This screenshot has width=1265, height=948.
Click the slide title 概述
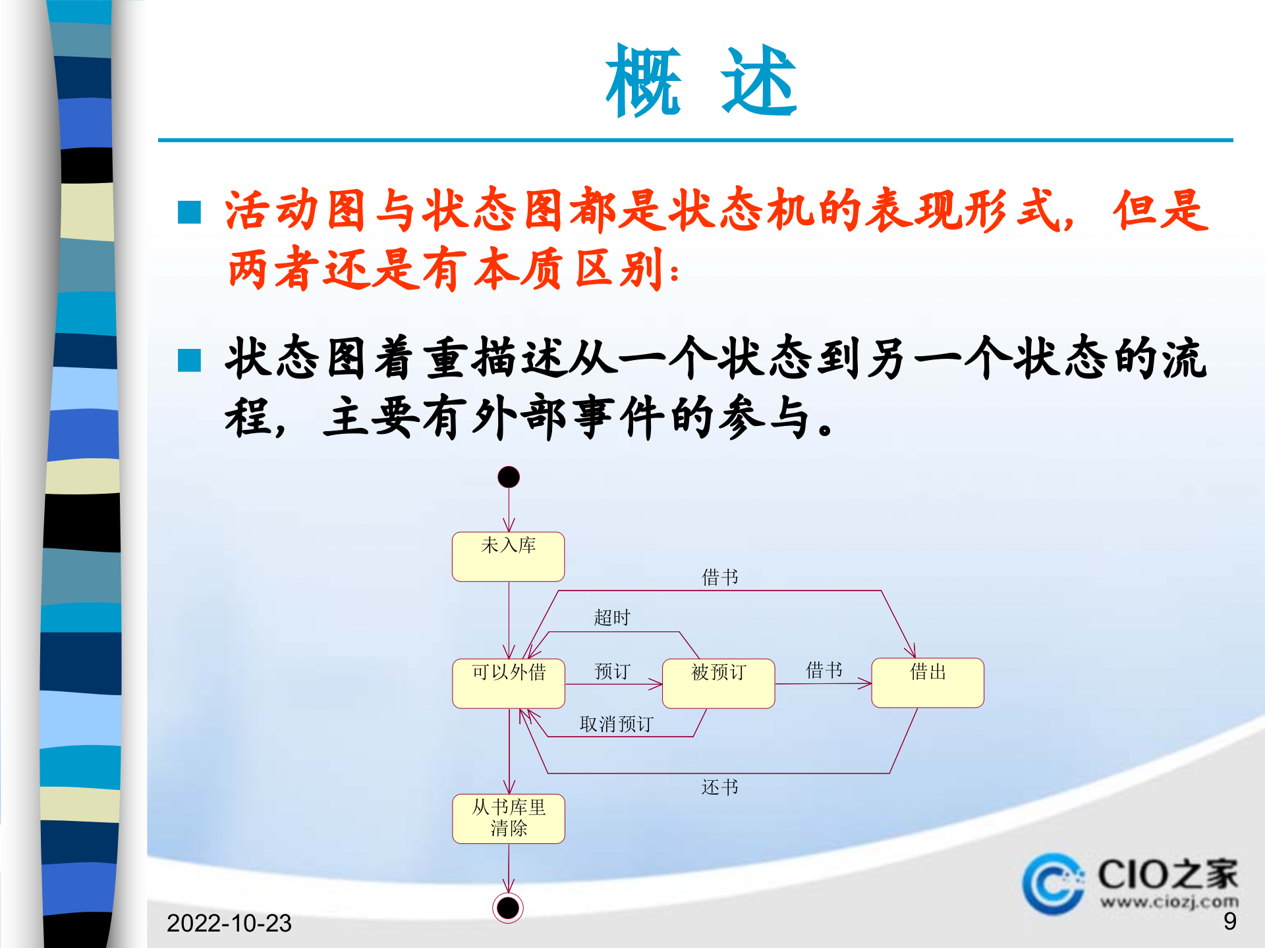click(x=701, y=82)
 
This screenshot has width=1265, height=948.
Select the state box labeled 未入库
click(x=508, y=556)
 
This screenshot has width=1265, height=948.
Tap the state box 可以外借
click(x=508, y=683)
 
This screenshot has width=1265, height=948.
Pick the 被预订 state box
click(x=718, y=683)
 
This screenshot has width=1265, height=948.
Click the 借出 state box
click(x=927, y=683)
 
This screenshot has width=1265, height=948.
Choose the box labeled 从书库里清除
click(x=508, y=818)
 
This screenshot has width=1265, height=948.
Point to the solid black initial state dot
click(x=509, y=477)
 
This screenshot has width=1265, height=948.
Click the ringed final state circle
click(x=508, y=908)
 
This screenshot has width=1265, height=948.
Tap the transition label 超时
click(x=612, y=618)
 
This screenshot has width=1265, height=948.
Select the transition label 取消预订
click(x=616, y=724)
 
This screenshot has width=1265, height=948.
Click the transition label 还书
click(x=719, y=787)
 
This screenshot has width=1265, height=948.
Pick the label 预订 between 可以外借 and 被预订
click(x=612, y=671)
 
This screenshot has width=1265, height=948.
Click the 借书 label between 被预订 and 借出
click(x=824, y=670)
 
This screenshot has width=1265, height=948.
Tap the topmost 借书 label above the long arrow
click(x=719, y=577)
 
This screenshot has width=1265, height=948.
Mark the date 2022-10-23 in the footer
click(x=229, y=923)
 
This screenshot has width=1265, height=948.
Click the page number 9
click(x=1229, y=922)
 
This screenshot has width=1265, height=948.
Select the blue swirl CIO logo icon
click(x=1053, y=883)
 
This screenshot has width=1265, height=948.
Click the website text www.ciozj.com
click(x=1169, y=901)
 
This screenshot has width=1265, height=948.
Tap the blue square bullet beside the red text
click(x=190, y=213)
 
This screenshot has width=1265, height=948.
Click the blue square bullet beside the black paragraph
click(x=190, y=360)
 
